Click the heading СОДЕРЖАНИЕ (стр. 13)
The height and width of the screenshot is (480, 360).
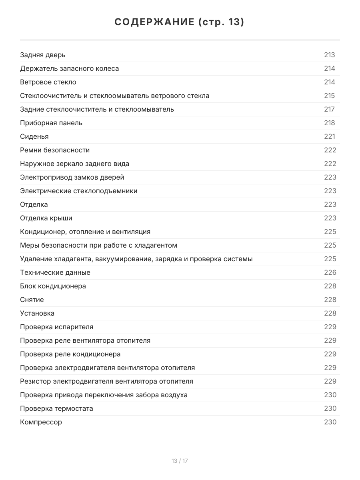click(x=180, y=22)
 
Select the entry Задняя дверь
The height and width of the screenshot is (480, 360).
click(x=43, y=55)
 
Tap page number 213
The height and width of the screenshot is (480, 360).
click(x=329, y=55)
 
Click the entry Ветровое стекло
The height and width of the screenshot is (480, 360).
click(x=48, y=82)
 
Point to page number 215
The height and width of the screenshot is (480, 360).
click(x=329, y=96)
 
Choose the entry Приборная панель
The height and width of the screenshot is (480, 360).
click(x=51, y=123)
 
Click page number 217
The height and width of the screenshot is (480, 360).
click(x=329, y=109)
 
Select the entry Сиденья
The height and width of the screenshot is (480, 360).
click(x=34, y=136)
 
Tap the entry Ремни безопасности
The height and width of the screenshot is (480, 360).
click(x=55, y=150)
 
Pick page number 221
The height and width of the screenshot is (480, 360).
click(x=329, y=136)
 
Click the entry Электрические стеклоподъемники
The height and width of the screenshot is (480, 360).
click(x=79, y=191)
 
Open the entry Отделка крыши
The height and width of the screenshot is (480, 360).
click(x=46, y=218)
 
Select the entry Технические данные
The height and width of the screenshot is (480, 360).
click(x=55, y=272)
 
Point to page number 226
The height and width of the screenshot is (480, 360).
click(x=330, y=272)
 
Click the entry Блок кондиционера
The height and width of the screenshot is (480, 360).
click(x=53, y=286)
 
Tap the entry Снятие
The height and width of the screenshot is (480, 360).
click(x=32, y=300)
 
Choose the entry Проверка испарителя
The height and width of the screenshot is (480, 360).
click(x=56, y=327)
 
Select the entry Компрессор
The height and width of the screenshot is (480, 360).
click(x=41, y=422)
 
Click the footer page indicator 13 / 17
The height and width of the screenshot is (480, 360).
click(x=180, y=461)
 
